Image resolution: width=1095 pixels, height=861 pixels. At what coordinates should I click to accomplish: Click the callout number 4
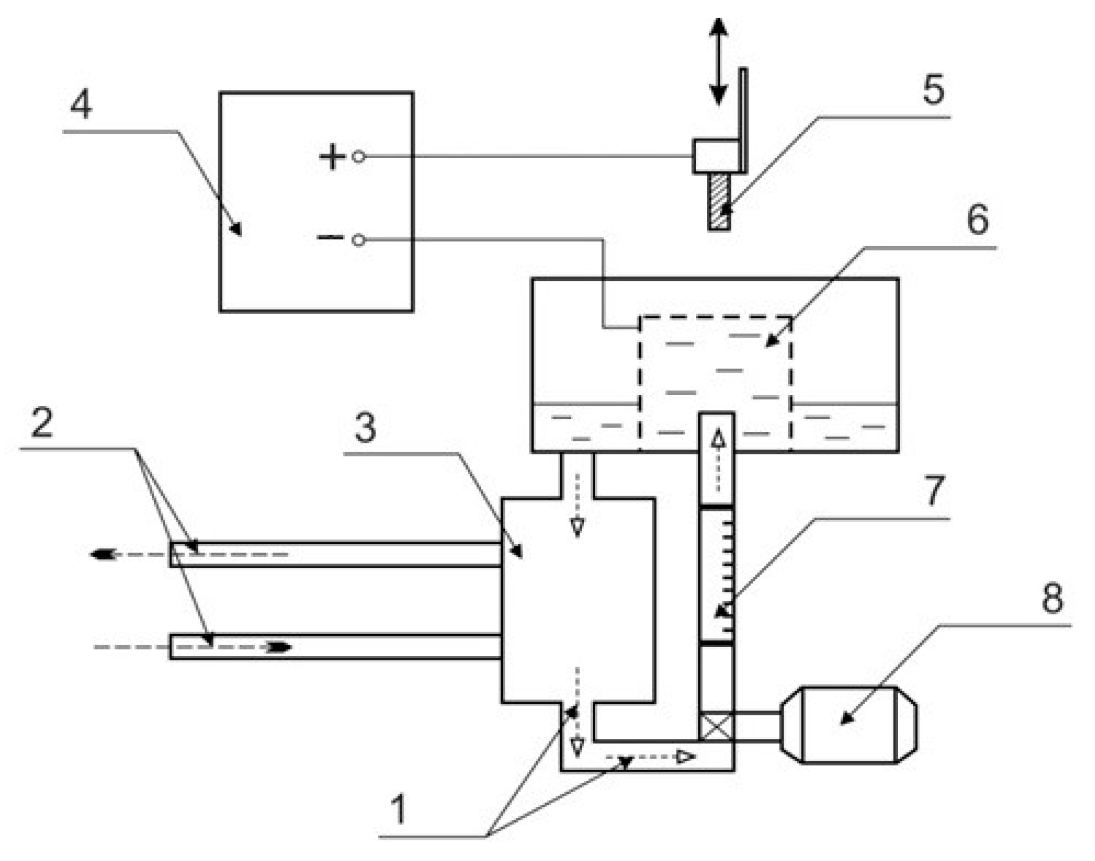(81, 105)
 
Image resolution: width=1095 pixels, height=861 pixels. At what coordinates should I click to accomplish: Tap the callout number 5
(933, 89)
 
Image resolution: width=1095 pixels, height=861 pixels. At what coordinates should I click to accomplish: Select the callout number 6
(977, 220)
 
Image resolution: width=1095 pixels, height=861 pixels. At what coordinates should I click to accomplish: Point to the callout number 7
(934, 491)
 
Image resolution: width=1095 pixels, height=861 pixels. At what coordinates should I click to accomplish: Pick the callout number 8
(1052, 598)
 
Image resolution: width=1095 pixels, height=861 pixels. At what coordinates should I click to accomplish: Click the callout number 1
(398, 809)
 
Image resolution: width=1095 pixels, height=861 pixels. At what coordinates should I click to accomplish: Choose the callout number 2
(42, 422)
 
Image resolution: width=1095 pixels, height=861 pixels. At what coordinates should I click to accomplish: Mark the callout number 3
(365, 428)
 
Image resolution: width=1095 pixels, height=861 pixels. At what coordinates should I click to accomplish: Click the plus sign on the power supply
(333, 156)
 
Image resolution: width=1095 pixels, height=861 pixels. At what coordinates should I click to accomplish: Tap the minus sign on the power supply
(330, 237)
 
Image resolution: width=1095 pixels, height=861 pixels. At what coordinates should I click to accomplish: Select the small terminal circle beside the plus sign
(358, 156)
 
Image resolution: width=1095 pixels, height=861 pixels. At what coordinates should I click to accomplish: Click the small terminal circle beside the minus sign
(358, 240)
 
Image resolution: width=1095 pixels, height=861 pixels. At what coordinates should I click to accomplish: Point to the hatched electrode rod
(719, 201)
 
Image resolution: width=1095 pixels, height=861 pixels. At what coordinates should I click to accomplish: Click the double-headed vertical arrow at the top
(718, 61)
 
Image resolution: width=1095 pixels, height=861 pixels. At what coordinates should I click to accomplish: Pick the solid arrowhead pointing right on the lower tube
(280, 647)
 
